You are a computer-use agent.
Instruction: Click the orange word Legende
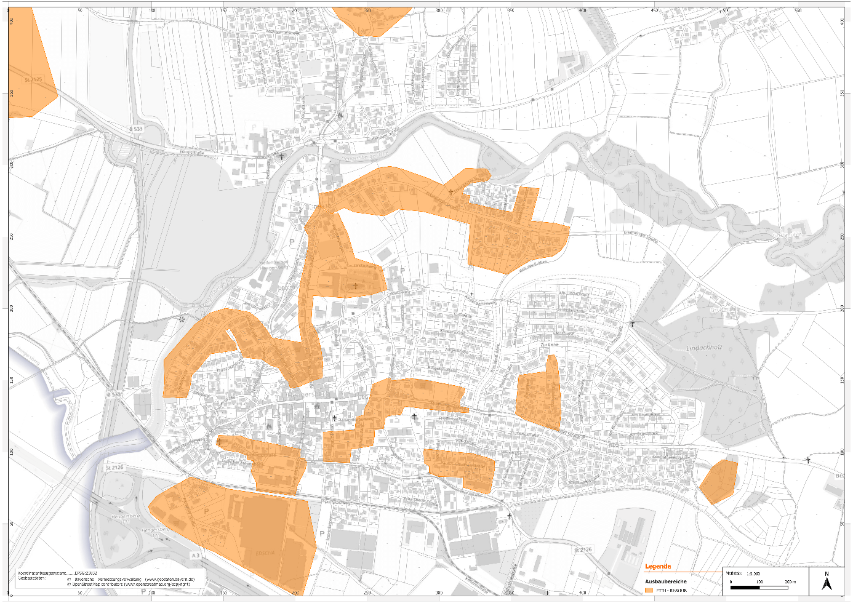click(x=658, y=566)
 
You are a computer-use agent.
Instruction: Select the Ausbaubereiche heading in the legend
click(x=665, y=581)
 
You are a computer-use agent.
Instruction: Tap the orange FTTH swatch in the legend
click(x=649, y=590)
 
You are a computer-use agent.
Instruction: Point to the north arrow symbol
click(x=827, y=581)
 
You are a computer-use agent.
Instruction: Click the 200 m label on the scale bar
click(x=790, y=581)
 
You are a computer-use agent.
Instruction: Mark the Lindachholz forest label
click(x=704, y=348)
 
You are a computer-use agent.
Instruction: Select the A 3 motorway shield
click(x=195, y=556)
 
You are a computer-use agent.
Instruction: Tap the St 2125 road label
click(x=33, y=79)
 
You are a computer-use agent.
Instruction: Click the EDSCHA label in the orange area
click(x=265, y=553)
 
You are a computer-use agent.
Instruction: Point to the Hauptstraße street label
click(x=191, y=152)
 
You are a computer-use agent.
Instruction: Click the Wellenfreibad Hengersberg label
click(x=273, y=265)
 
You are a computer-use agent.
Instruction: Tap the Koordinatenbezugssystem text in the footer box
click(x=43, y=572)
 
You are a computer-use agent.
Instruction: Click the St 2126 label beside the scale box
click(x=582, y=549)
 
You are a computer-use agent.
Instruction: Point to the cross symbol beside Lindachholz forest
click(x=633, y=323)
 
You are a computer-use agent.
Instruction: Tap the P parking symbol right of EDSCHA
click(x=322, y=534)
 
